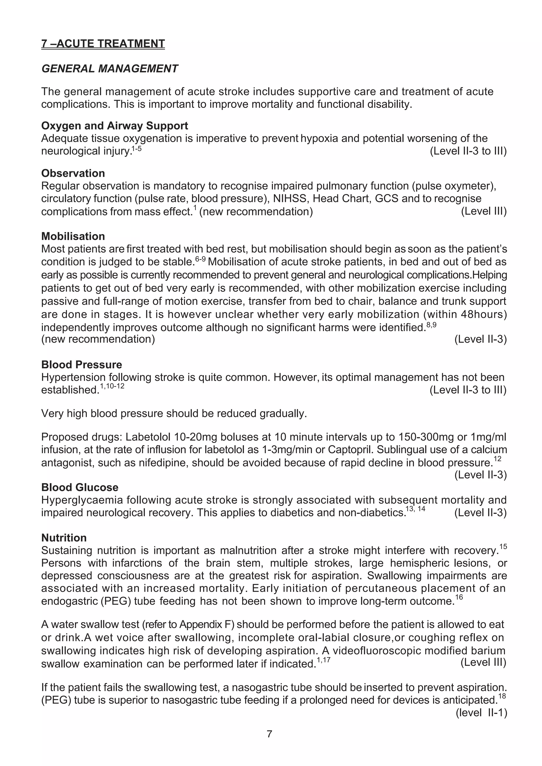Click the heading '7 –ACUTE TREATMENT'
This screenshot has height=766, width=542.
103,44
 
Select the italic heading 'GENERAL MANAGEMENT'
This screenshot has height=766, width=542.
110,69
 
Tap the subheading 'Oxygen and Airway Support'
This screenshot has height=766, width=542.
115,126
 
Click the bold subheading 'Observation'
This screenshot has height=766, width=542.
73,173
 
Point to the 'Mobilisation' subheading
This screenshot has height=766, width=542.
73,236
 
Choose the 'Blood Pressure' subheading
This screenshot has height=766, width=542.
82,364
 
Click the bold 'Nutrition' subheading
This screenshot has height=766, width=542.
64,538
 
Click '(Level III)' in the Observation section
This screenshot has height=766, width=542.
484,211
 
